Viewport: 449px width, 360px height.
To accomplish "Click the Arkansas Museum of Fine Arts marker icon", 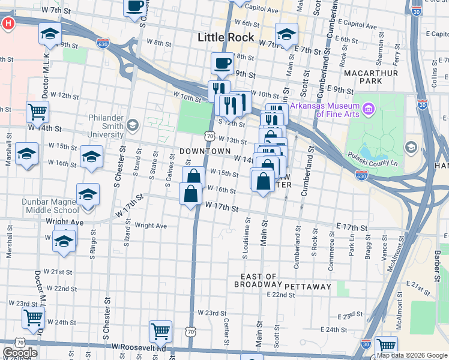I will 369,109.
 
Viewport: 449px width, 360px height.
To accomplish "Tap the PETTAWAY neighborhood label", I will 308,287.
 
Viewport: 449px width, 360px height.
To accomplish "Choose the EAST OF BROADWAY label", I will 259,281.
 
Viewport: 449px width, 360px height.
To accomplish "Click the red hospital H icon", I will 8,25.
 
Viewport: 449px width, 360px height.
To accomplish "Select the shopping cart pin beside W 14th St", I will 38,111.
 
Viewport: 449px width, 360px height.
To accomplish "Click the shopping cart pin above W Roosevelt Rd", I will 160,331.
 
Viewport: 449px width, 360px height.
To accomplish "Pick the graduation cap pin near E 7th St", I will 286,34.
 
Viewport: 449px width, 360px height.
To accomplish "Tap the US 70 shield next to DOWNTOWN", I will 209,136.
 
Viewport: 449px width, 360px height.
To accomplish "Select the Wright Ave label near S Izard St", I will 151,226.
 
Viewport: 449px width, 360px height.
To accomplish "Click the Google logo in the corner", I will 19,353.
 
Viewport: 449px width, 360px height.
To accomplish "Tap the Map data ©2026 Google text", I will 411,355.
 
